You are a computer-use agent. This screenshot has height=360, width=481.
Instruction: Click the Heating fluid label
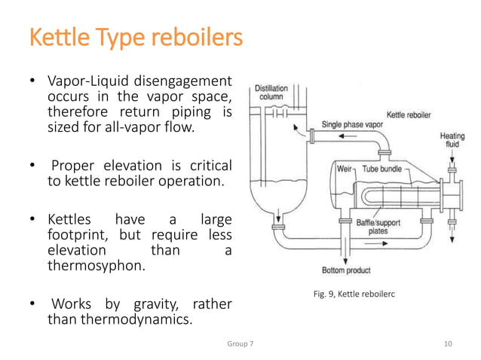452,141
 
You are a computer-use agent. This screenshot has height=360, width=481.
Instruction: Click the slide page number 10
448,343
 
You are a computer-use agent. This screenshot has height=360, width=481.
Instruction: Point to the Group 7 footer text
240,343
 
